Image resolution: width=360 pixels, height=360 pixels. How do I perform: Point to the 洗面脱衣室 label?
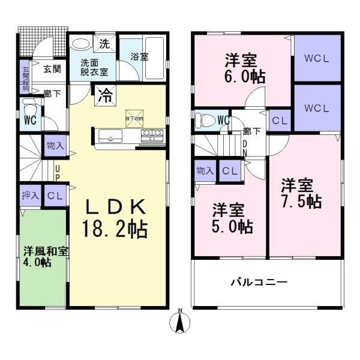pyautogui.click(x=95, y=67)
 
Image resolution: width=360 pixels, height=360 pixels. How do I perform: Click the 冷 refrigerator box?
pyautogui.click(x=104, y=95)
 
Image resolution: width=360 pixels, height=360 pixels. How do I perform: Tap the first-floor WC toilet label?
pyautogui.click(x=30, y=119)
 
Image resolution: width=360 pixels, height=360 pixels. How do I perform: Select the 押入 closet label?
pyautogui.click(x=30, y=196)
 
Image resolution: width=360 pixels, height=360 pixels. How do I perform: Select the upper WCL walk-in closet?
pyautogui.click(x=316, y=59)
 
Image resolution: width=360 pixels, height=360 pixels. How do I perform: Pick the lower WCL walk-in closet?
pyautogui.click(x=316, y=109)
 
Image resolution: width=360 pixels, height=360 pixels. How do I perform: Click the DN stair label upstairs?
pyautogui.click(x=244, y=148)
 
